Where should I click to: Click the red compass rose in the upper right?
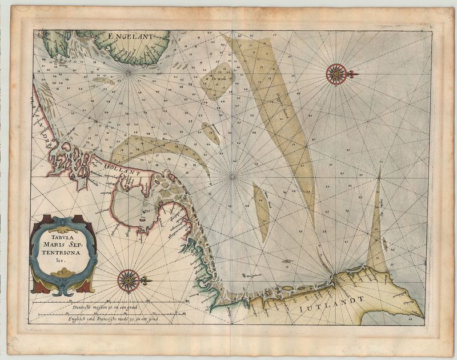click(x=336, y=74)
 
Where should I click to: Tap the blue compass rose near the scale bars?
click(x=129, y=280)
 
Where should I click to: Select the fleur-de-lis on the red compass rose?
click(x=352, y=74)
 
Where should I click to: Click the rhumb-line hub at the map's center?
click(x=232, y=177)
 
